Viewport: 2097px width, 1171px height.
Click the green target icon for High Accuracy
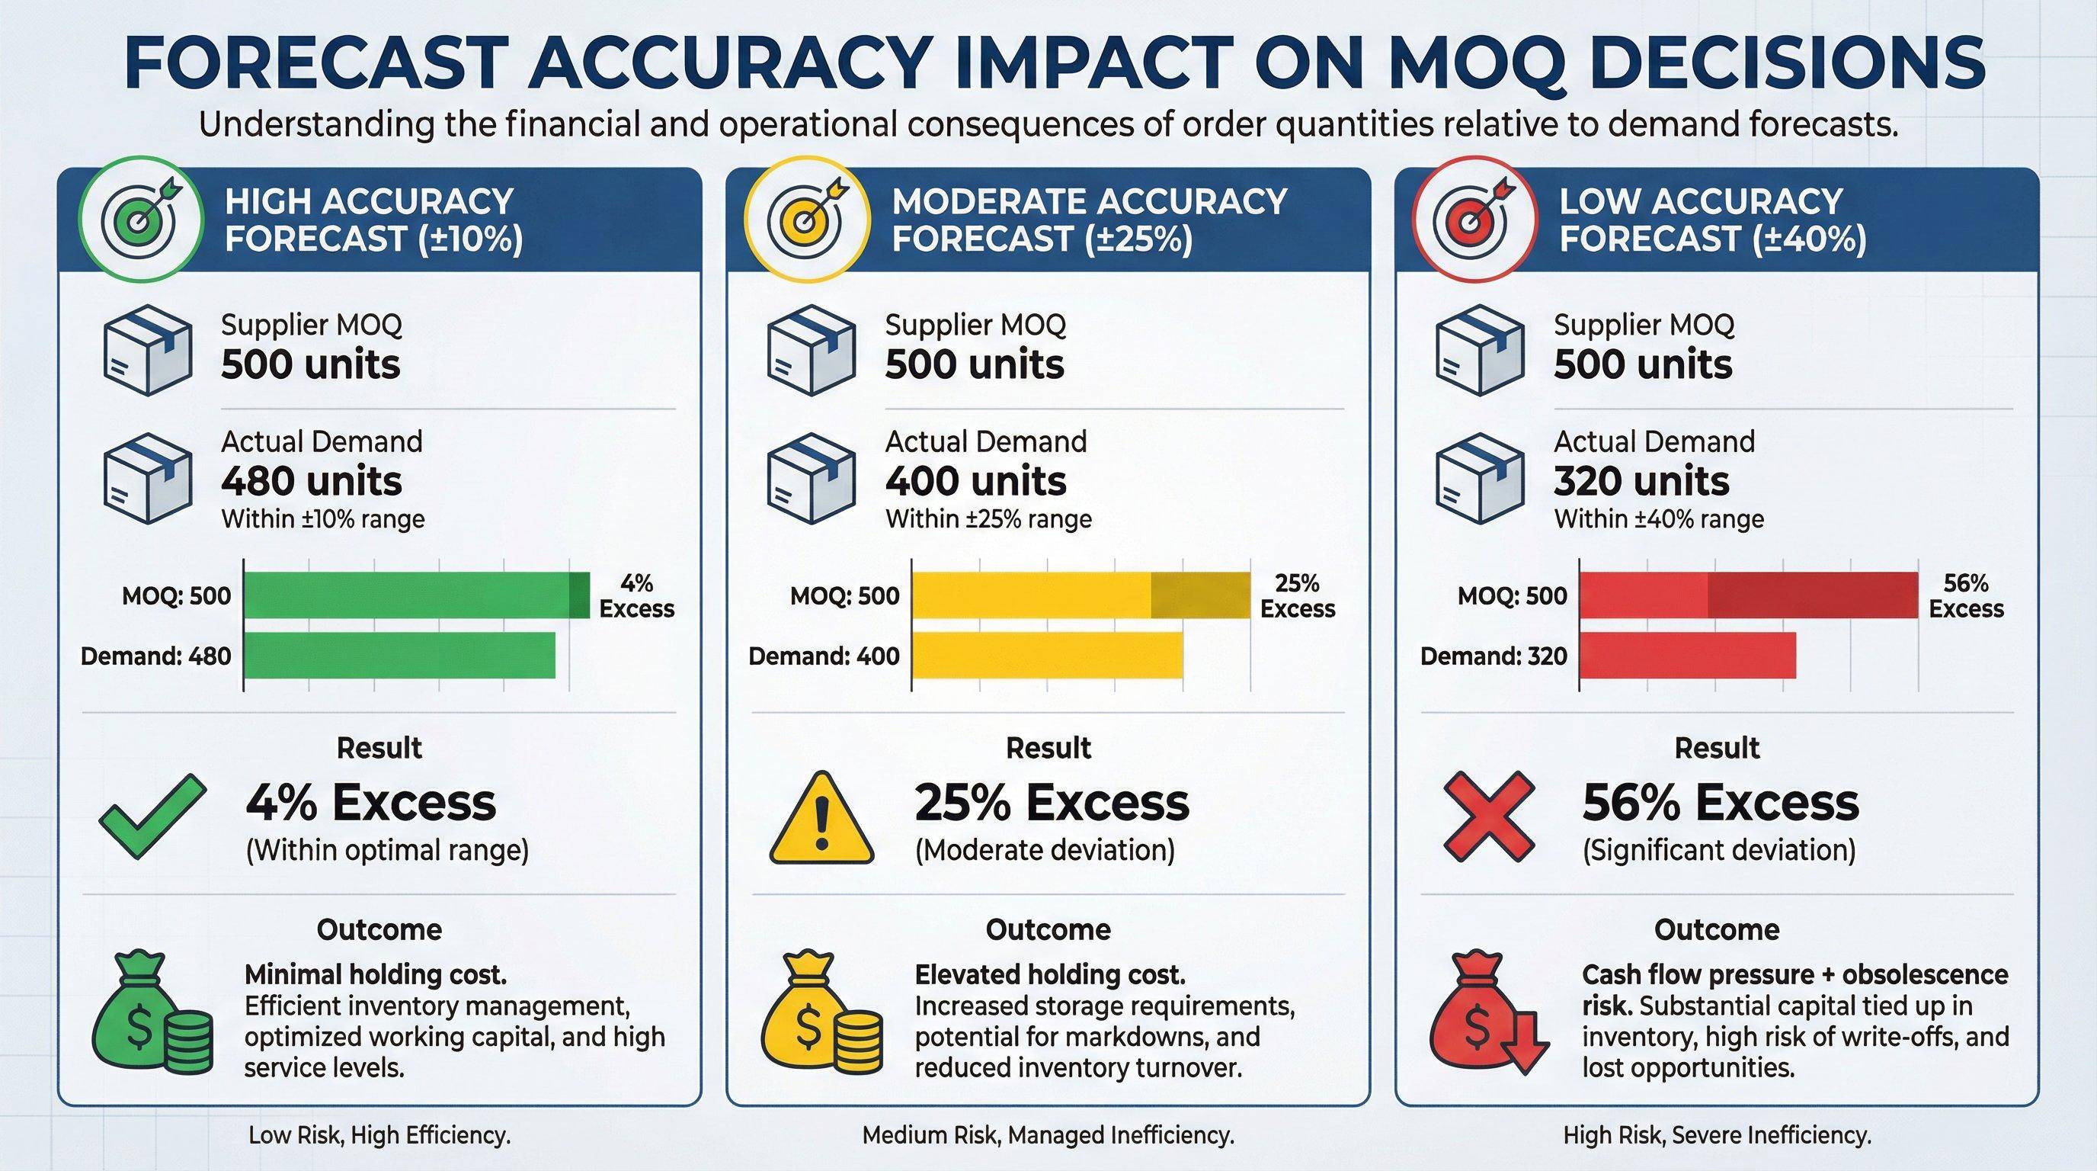click(140, 220)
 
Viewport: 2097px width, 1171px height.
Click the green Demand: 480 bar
click(399, 656)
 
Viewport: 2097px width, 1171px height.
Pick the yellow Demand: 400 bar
click(1046, 656)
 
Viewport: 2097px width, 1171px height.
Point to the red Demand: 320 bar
click(1687, 656)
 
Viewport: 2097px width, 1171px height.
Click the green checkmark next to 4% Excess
click(152, 816)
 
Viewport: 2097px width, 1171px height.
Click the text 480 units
click(312, 481)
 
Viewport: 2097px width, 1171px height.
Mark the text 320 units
click(1641, 481)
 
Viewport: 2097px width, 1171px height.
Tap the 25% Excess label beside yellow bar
click(1298, 596)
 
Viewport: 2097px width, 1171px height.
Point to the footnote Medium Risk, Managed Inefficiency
click(1048, 1135)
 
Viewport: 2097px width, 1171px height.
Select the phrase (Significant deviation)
click(1718, 851)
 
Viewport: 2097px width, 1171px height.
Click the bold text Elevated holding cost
click(1050, 975)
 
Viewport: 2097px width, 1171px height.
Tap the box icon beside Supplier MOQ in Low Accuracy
click(1479, 350)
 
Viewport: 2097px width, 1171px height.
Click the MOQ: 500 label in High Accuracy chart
click(177, 596)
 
